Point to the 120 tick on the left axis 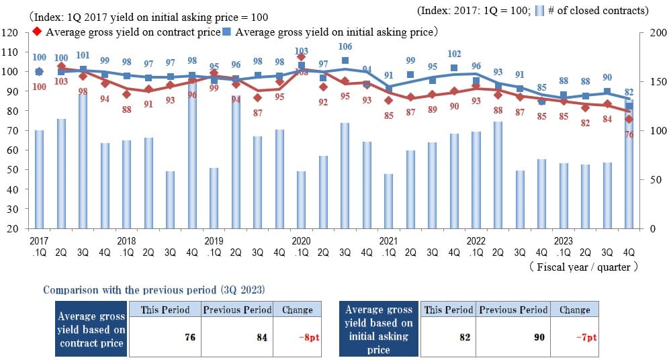point(10,32)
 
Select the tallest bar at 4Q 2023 point(629,164)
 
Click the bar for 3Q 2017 point(83,161)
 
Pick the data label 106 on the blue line point(345,46)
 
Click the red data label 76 point(629,134)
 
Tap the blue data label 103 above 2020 point(302,51)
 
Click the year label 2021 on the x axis point(388,240)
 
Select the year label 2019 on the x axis point(214,240)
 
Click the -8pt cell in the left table point(298,337)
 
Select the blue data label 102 point(454,54)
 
